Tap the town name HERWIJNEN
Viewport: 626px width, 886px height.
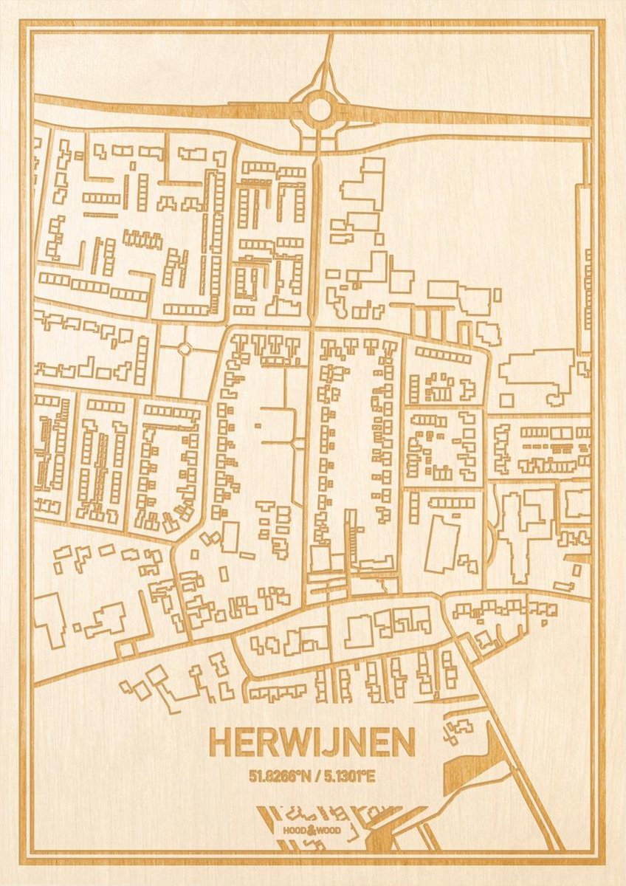coord(312,744)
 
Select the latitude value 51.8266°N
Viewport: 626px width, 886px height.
coord(279,776)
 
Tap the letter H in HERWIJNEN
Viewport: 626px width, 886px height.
coord(221,744)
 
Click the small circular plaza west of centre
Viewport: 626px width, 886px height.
coord(184,348)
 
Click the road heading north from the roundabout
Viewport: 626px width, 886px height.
coord(328,55)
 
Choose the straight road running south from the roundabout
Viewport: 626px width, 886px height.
coord(316,221)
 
